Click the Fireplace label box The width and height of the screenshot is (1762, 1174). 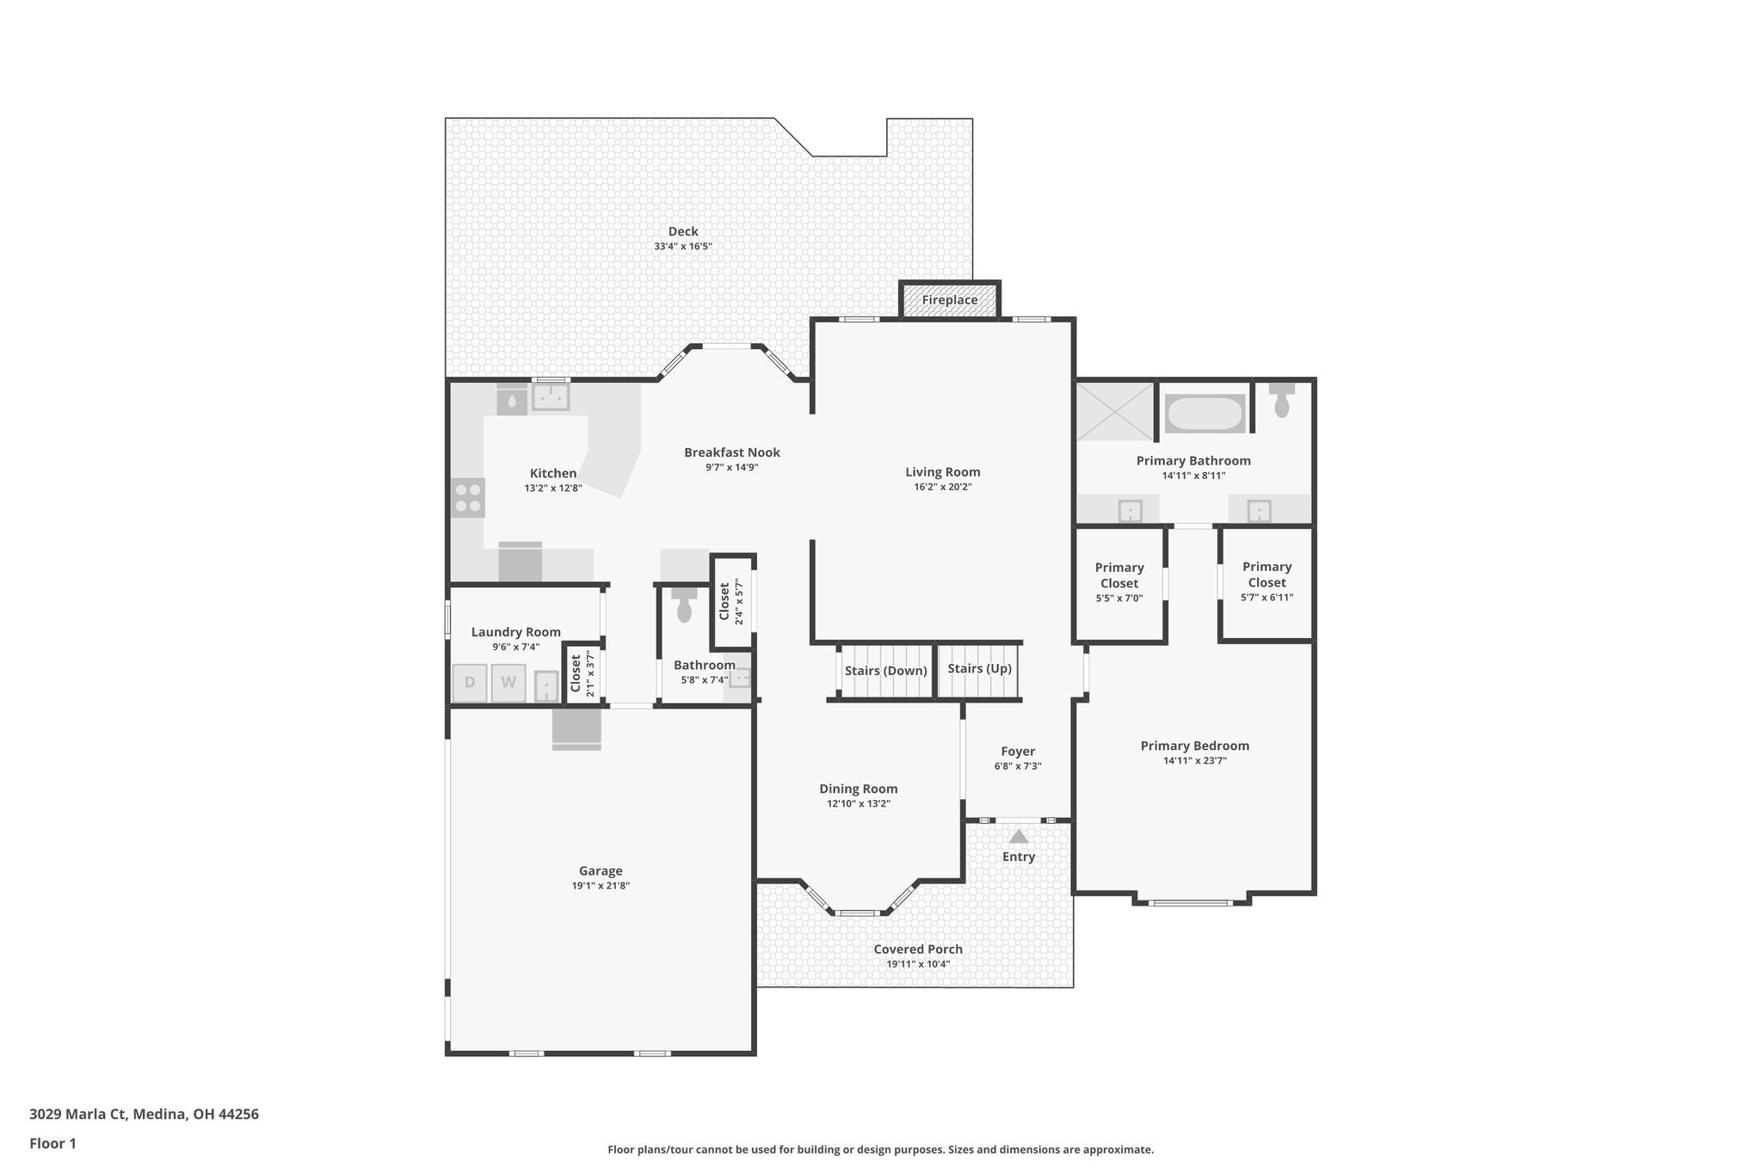(950, 300)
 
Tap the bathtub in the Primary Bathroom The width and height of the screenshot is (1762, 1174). (1204, 414)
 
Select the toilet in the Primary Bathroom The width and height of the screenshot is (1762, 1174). (1282, 401)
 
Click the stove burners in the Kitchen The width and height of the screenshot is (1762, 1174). (468, 498)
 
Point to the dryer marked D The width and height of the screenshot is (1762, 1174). (470, 683)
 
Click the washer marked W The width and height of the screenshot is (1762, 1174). (508, 683)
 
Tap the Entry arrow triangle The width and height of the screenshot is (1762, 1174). (1019, 837)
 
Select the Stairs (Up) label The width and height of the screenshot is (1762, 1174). (979, 668)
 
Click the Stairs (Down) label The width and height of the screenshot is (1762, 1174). (885, 671)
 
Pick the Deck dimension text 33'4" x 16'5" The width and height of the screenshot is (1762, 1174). (683, 247)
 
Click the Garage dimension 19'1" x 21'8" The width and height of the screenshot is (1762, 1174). (601, 886)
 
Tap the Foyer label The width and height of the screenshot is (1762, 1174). (1018, 751)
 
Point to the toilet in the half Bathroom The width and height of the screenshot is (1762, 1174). (685, 607)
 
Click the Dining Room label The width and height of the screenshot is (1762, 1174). (858, 789)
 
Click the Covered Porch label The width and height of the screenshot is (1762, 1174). (918, 950)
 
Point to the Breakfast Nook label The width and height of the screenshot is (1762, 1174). (732, 452)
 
